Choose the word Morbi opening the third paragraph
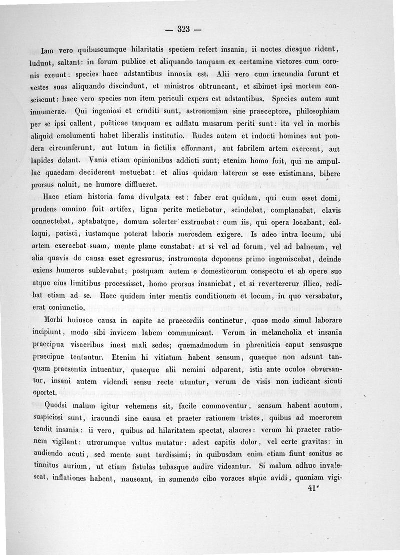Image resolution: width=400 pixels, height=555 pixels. (56, 319)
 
